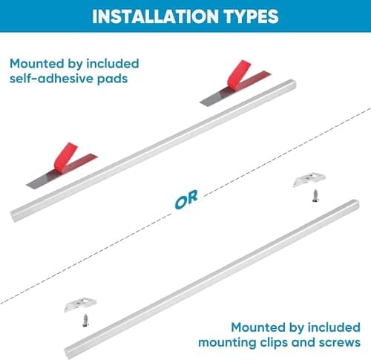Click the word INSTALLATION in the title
click(155, 16)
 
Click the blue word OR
click(186, 199)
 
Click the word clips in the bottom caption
click(273, 343)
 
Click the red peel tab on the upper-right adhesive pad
click(239, 73)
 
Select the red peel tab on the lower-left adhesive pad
click(65, 157)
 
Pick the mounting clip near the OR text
click(309, 179)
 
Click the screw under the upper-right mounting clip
click(315, 196)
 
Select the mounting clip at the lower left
click(80, 304)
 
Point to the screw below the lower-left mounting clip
click(85, 321)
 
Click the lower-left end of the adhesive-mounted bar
click(13, 215)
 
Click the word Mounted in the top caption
click(37, 64)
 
